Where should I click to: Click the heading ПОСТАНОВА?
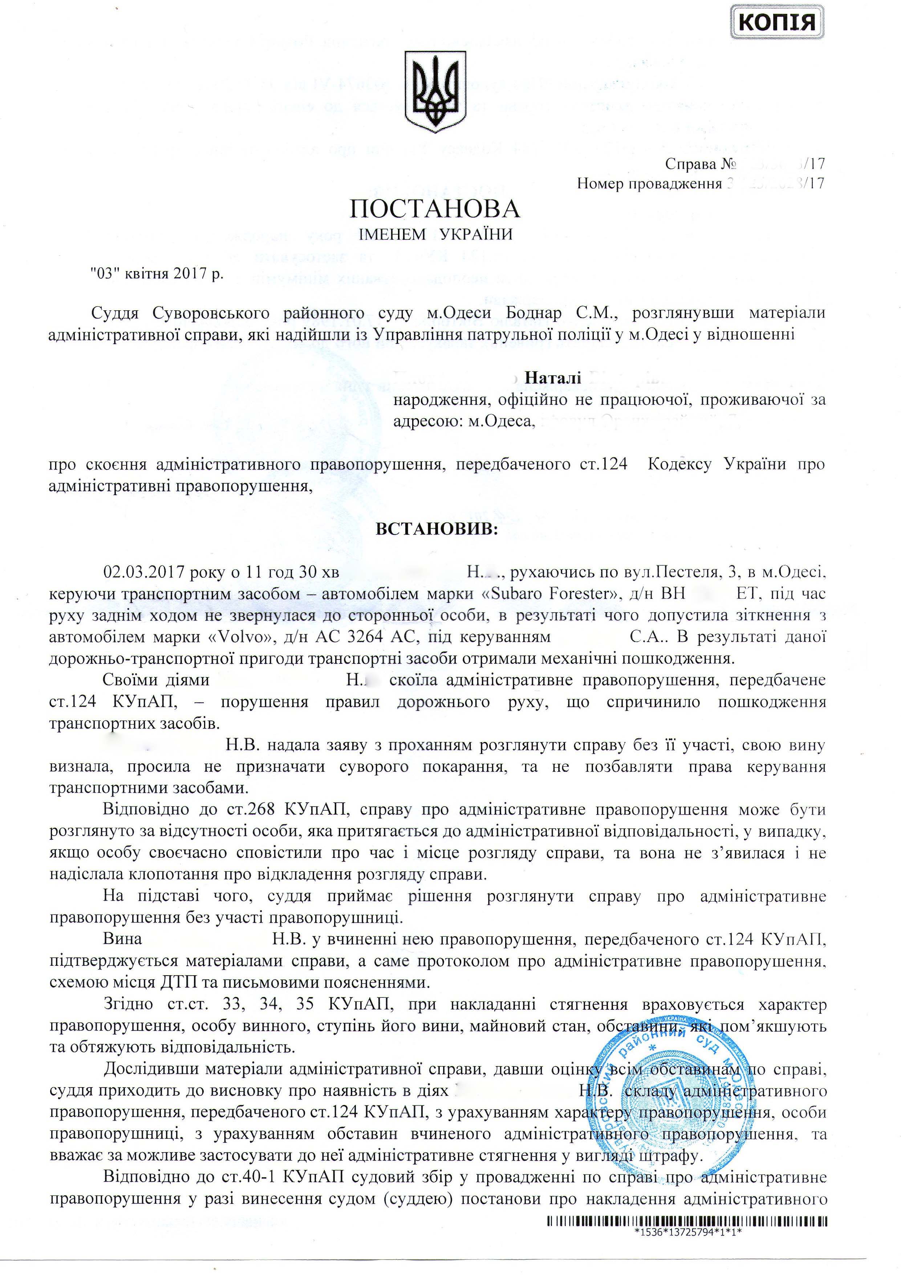click(x=435, y=209)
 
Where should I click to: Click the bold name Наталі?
click(x=553, y=378)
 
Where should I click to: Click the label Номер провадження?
click(x=648, y=183)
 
